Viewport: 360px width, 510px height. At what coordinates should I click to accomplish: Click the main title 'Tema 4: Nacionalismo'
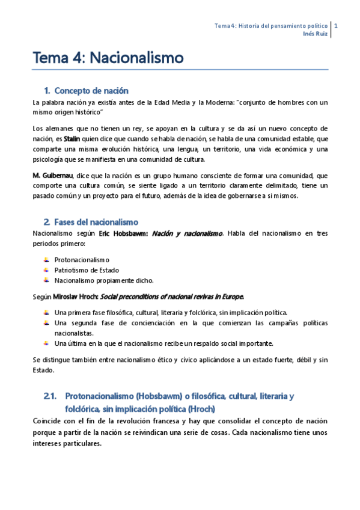[x=108, y=58]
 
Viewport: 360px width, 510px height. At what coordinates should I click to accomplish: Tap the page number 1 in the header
[x=335, y=26]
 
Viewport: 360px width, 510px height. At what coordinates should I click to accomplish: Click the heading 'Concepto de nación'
[x=91, y=91]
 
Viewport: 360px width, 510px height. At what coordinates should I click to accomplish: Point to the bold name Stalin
[x=72, y=139]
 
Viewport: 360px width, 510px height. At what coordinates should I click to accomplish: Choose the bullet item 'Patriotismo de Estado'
[x=87, y=269]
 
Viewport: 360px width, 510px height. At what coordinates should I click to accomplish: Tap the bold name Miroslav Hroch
[x=74, y=297]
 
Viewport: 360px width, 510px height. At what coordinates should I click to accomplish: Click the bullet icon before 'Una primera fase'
[x=47, y=312]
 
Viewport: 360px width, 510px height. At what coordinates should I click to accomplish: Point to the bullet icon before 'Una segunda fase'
[x=47, y=323]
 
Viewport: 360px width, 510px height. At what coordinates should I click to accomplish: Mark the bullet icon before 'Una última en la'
[x=47, y=343]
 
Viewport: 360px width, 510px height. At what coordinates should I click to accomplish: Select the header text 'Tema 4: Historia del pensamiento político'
[x=271, y=26]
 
